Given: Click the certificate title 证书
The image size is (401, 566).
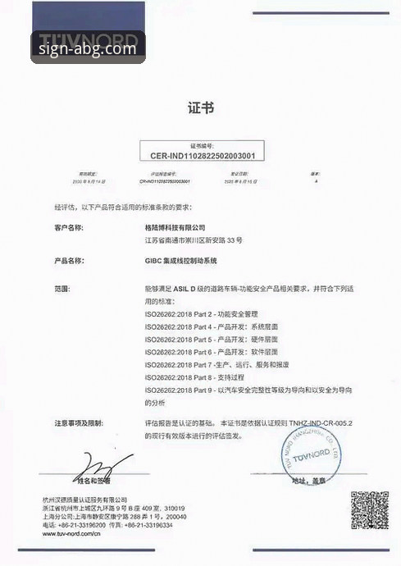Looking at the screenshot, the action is click(x=200, y=107).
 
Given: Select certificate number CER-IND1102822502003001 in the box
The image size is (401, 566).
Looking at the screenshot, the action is click(x=201, y=153).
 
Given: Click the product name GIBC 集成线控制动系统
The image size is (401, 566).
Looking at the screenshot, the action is click(x=182, y=261).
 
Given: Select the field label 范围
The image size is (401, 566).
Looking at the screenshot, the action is click(x=62, y=289).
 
